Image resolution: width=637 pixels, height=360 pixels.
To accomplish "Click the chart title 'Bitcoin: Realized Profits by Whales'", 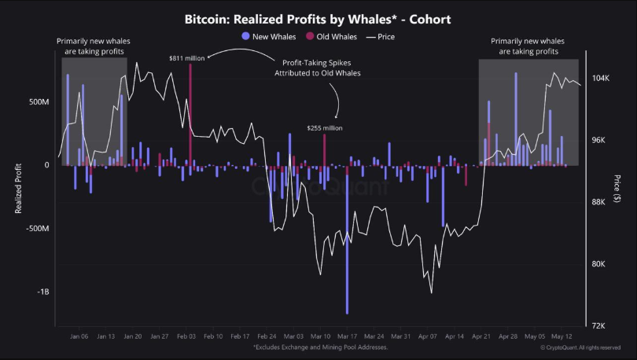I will point(318,19).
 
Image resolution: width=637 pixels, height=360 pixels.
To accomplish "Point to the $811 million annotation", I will point(186,57).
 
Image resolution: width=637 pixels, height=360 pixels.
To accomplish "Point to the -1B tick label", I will point(42,292).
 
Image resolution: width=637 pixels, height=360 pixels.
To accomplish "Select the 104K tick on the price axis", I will point(600,79).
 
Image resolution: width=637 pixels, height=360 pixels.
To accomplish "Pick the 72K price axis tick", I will point(598,325).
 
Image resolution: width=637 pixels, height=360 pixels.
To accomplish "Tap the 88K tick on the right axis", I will point(598,202).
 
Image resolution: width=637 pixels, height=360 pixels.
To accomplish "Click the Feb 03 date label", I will point(186,336).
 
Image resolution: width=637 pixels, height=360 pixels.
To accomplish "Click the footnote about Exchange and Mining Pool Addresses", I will point(319,347).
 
